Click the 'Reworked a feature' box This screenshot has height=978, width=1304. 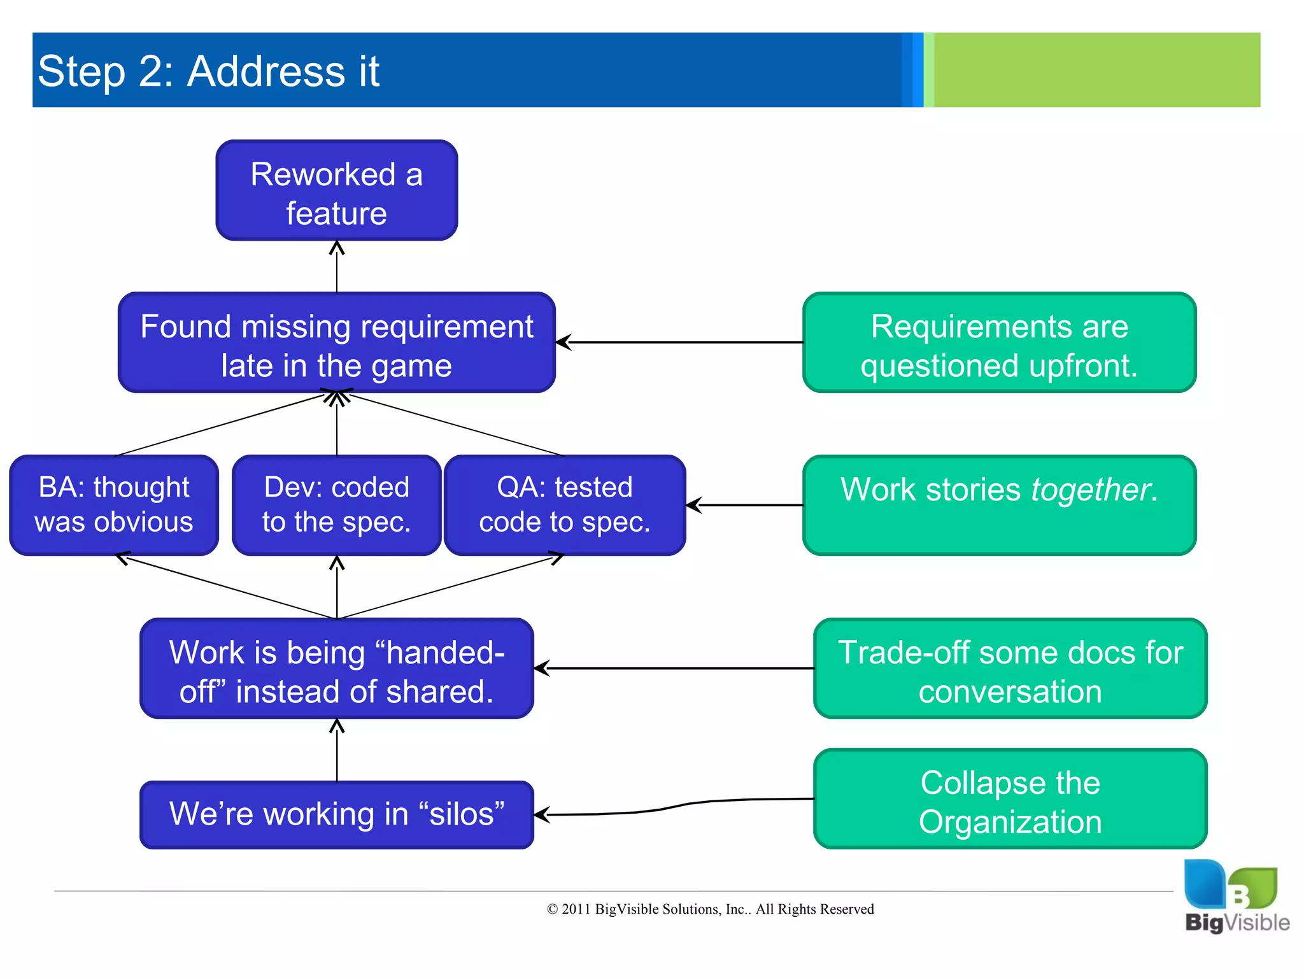point(336,190)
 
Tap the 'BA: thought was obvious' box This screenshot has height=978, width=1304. point(114,505)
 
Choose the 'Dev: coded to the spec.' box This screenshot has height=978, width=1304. point(336,505)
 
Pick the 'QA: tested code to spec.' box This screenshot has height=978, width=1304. point(565,505)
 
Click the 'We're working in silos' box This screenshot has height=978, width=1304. point(336,814)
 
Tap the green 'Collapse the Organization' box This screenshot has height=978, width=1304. point(1010,799)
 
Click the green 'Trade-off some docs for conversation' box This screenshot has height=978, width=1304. point(1010,669)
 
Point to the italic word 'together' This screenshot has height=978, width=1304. point(1090,490)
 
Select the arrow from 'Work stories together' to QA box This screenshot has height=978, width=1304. point(745,505)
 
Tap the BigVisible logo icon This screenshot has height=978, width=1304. point(1230,884)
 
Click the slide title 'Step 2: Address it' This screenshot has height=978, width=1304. point(208,71)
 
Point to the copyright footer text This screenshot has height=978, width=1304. point(710,909)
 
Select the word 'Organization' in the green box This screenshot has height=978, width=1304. point(1010,822)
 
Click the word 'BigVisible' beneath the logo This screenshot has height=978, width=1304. point(1237,923)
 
